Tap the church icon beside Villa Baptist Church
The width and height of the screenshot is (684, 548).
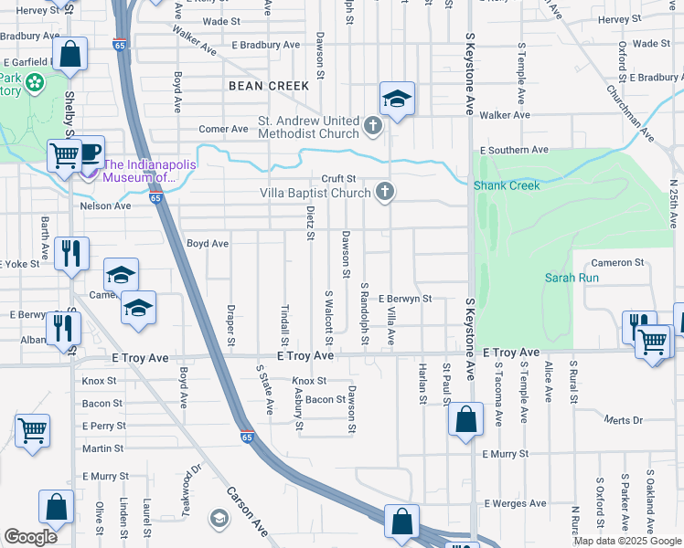pyautogui.click(x=385, y=192)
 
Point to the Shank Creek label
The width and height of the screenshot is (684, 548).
pyautogui.click(x=507, y=185)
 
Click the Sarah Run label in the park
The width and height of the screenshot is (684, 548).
pyautogui.click(x=572, y=278)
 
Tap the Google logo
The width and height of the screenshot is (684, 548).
pyautogui.click(x=30, y=536)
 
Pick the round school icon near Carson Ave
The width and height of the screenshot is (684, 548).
pyautogui.click(x=219, y=519)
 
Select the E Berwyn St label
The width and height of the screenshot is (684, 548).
pyautogui.click(x=403, y=299)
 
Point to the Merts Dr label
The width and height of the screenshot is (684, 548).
pyautogui.click(x=624, y=419)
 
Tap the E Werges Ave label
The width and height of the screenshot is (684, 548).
pyautogui.click(x=515, y=503)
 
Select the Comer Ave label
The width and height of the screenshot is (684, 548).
pyautogui.click(x=223, y=130)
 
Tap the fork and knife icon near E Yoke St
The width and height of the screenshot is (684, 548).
pyautogui.click(x=71, y=252)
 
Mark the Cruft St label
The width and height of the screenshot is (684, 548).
pyautogui.click(x=337, y=178)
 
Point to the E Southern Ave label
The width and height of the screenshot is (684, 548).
pyautogui.click(x=514, y=150)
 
